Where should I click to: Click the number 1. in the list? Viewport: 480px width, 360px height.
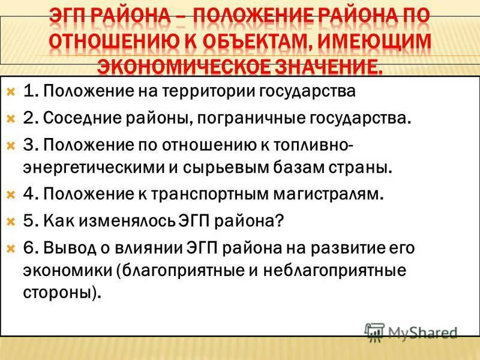[31, 92]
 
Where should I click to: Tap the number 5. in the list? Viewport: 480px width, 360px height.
[32, 220]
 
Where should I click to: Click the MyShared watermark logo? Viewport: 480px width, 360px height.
[412, 332]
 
